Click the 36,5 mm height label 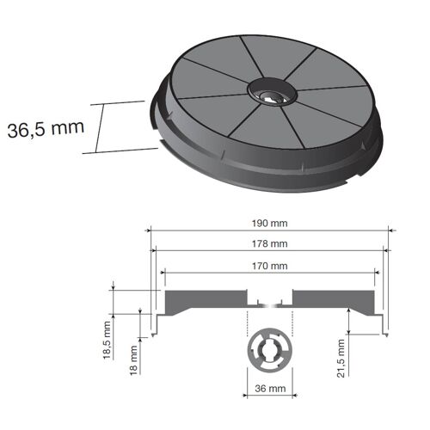point(45,129)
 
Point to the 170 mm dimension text point(270,266)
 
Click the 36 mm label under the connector point(269,388)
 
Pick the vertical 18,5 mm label point(107,340)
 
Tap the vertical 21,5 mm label point(341,353)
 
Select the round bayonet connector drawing point(269,352)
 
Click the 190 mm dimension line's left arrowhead point(150,230)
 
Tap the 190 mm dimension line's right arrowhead point(389,230)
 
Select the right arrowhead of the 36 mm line point(290,377)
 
